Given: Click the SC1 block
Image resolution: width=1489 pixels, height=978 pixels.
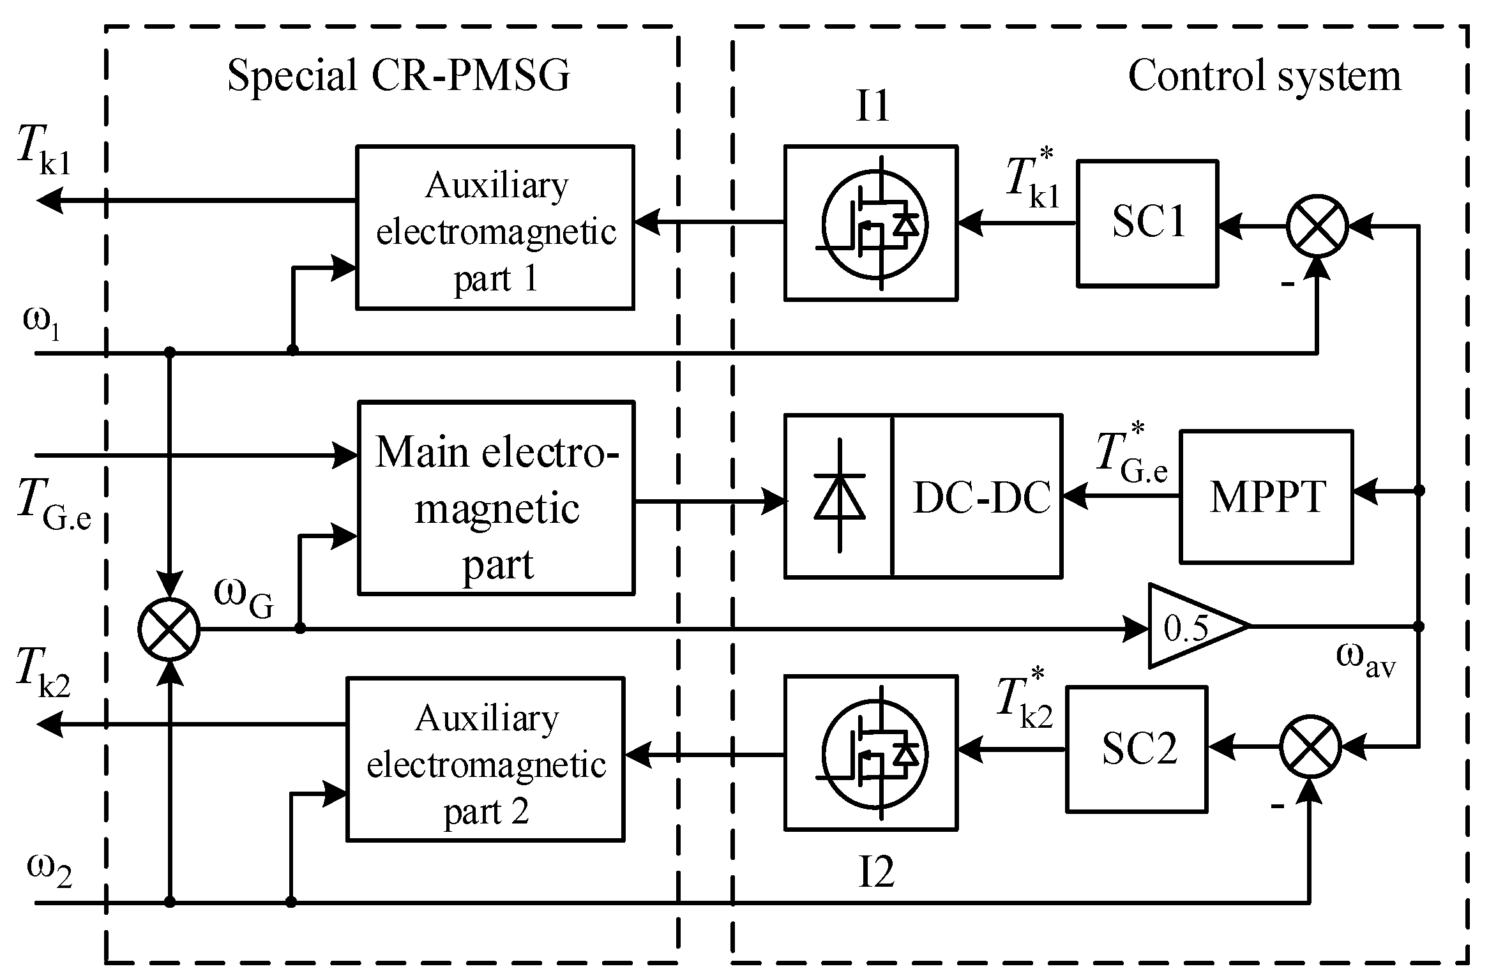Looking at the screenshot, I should [x=1147, y=223].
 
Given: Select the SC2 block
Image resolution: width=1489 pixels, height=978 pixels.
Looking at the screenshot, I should [x=1137, y=748].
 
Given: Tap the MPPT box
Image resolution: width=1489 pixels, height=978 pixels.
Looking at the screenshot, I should [x=1266, y=497].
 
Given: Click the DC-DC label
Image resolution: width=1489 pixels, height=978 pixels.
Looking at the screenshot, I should [x=981, y=497].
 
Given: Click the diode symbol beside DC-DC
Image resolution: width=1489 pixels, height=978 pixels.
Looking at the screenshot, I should [x=839, y=495].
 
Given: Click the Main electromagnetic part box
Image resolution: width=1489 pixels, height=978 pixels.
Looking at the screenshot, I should [x=496, y=498].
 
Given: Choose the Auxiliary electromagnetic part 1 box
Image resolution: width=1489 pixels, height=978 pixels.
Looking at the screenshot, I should [x=495, y=227].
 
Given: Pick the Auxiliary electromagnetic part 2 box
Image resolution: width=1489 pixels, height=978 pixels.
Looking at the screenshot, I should [x=485, y=760].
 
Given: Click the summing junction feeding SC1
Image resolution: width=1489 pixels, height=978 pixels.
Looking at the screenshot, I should [x=1317, y=226].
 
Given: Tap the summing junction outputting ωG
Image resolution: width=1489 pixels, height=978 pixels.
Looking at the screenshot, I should [x=169, y=629].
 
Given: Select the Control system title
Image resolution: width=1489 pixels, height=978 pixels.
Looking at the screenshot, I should [x=1264, y=77].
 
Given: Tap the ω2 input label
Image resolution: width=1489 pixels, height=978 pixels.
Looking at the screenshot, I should [x=49, y=869].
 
